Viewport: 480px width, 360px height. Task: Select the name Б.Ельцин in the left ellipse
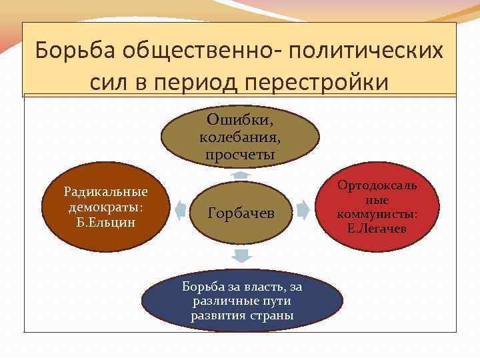tap(106, 221)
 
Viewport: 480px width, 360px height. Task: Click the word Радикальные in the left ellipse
tap(106, 192)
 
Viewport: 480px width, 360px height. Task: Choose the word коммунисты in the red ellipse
tap(377, 214)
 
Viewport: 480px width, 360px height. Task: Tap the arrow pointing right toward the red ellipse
tap(303, 211)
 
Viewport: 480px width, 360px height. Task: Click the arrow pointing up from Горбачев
tap(241, 175)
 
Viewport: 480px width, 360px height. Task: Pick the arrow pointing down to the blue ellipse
tap(242, 256)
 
